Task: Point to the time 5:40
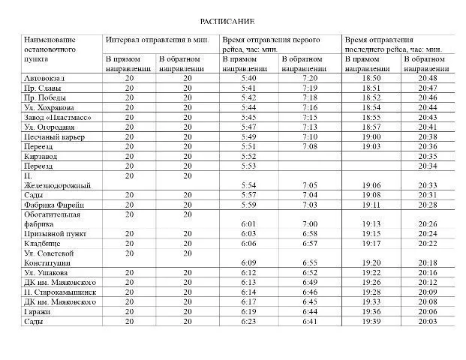tap(249, 79)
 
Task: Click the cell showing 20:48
tap(428, 79)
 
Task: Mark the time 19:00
tap(371, 137)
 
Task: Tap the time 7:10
tap(309, 137)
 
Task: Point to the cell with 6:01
tap(249, 224)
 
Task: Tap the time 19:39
tap(371, 321)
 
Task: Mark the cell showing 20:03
tap(428, 321)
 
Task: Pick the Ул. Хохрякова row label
tap(50, 108)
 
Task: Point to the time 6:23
tap(249, 321)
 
